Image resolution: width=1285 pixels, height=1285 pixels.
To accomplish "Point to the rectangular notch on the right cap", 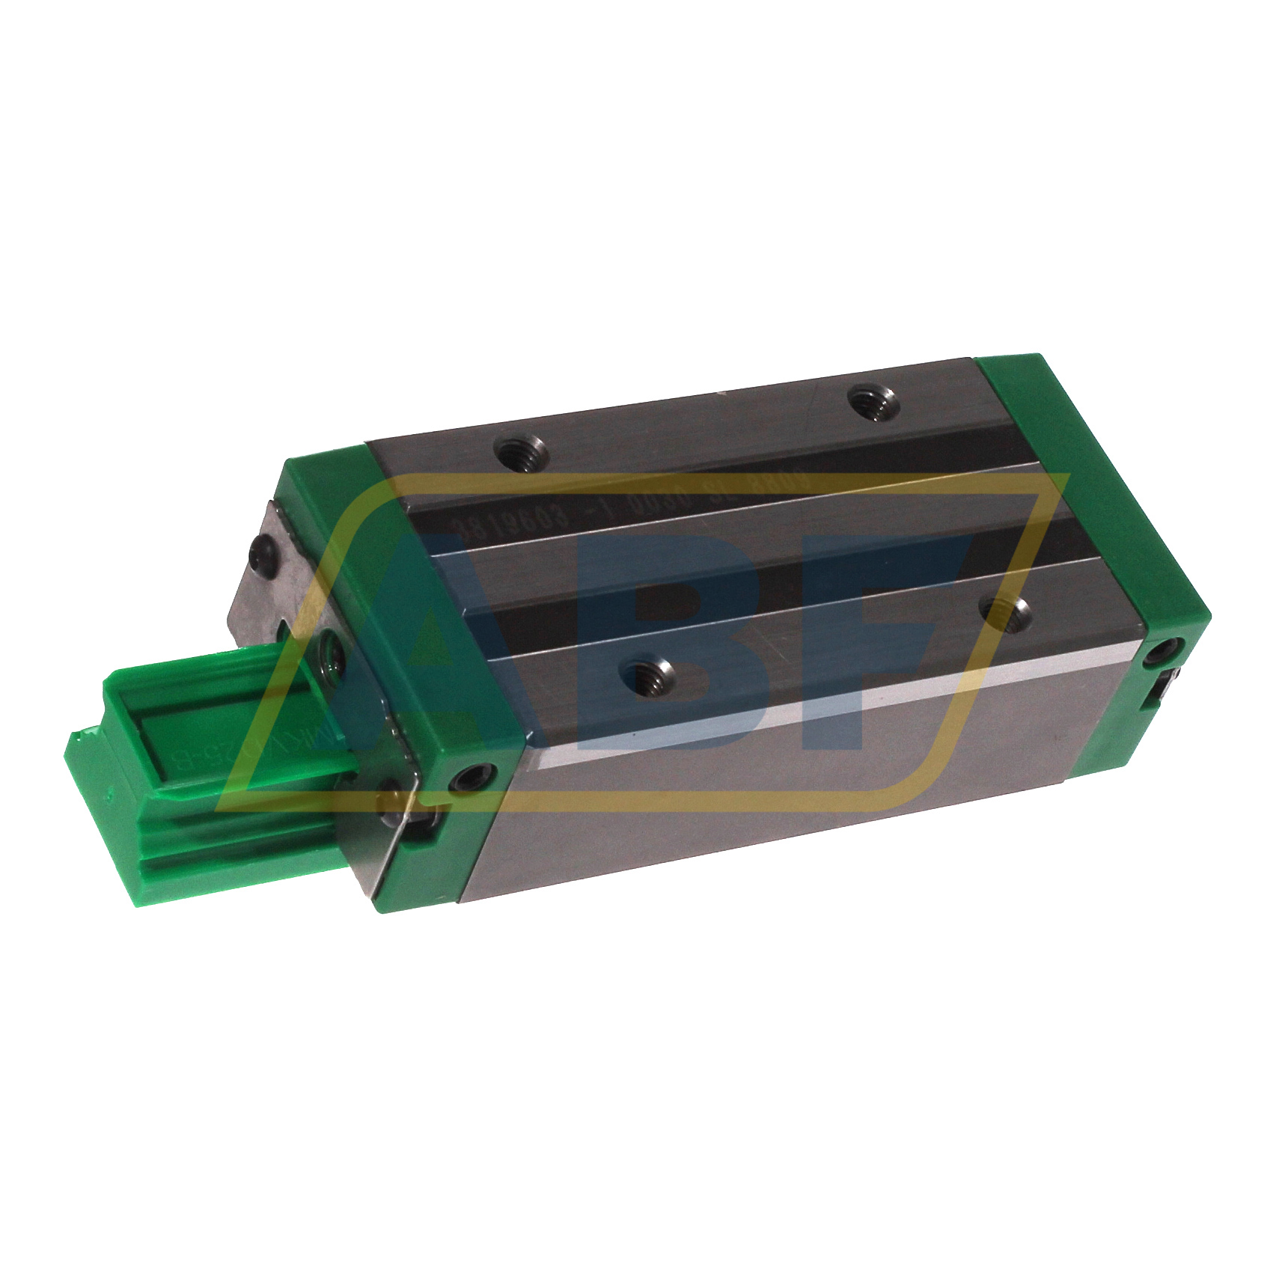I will pos(1164,689).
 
